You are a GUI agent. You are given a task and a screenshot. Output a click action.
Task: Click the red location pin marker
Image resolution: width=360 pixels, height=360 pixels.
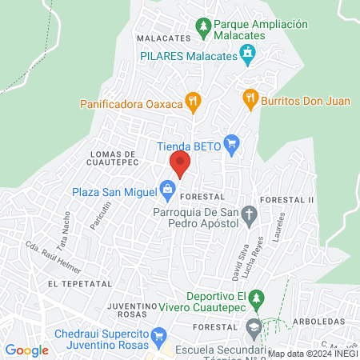pyautogui.click(x=180, y=165)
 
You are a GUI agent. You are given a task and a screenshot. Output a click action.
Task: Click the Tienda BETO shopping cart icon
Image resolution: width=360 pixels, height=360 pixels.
pyautogui.click(x=232, y=145)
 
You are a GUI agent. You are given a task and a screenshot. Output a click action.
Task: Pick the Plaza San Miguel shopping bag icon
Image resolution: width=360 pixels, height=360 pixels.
pyautogui.click(x=167, y=189)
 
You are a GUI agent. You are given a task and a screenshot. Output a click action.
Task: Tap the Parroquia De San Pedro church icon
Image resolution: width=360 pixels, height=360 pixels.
pyautogui.click(x=250, y=214)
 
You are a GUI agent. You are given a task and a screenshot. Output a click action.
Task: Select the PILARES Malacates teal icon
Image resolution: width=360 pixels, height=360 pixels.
pyautogui.click(x=248, y=54)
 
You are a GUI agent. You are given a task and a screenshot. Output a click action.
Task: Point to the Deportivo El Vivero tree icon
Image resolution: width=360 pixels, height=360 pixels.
pyautogui.click(x=256, y=300)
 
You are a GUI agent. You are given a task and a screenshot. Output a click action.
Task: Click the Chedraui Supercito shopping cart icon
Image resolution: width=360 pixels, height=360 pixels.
pyautogui.click(x=158, y=337)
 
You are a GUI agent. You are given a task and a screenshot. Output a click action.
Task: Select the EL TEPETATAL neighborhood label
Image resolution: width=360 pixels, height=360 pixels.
pyautogui.click(x=74, y=284)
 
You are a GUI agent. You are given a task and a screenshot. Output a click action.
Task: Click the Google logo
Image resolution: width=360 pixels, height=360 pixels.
pyautogui.click(x=27, y=350)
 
